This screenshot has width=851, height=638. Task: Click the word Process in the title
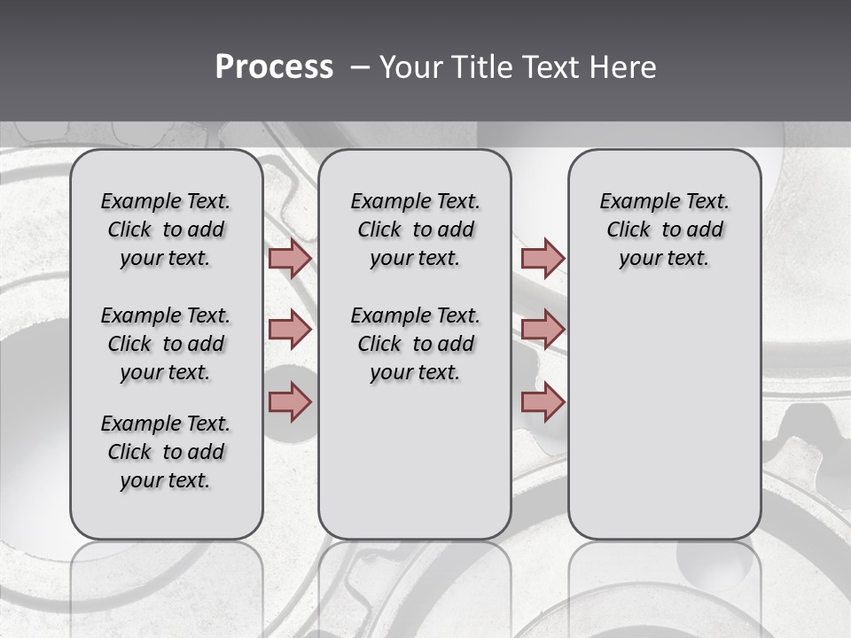pyautogui.click(x=274, y=67)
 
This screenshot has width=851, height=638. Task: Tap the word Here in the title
pyautogui.click(x=624, y=67)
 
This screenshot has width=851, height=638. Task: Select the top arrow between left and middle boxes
pyautogui.click(x=290, y=258)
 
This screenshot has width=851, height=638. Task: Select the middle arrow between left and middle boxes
pyautogui.click(x=290, y=330)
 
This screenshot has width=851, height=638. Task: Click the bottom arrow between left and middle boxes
pyautogui.click(x=290, y=402)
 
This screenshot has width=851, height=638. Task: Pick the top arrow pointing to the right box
pyautogui.click(x=543, y=258)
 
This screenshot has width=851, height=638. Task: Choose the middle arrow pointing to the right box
pyautogui.click(x=543, y=330)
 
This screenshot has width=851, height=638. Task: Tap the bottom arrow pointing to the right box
pyautogui.click(x=543, y=402)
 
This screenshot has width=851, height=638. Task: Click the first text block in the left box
pyautogui.click(x=166, y=230)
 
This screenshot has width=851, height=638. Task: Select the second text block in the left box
pyautogui.click(x=166, y=344)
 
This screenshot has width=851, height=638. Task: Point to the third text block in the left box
pyautogui.click(x=166, y=452)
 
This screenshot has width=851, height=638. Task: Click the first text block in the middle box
pyautogui.click(x=415, y=230)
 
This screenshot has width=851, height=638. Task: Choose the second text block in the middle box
pyautogui.click(x=415, y=344)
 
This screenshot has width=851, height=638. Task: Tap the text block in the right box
pyautogui.click(x=664, y=230)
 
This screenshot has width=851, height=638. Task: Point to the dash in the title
pyautogui.click(x=360, y=67)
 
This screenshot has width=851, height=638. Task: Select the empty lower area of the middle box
pyautogui.click(x=415, y=461)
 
